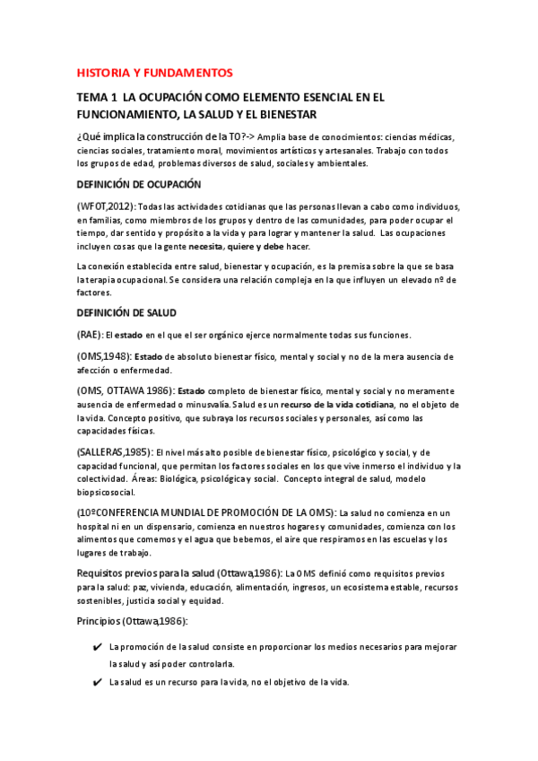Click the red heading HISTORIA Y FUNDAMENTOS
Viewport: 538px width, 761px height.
[x=154, y=72]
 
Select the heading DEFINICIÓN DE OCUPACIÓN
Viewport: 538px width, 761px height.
[x=138, y=183]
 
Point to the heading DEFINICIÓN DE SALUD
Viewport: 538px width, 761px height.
[x=126, y=312]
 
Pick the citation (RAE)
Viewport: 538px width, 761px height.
[x=90, y=335]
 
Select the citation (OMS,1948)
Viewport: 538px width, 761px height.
[x=104, y=356]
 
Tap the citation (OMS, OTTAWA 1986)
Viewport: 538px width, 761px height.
[x=126, y=390]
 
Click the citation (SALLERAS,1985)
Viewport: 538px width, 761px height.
[x=115, y=451]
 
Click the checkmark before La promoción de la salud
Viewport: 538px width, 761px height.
[x=96, y=647]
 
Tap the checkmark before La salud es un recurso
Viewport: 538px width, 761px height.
[x=96, y=682]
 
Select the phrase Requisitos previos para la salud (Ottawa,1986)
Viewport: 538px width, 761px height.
[x=179, y=572]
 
